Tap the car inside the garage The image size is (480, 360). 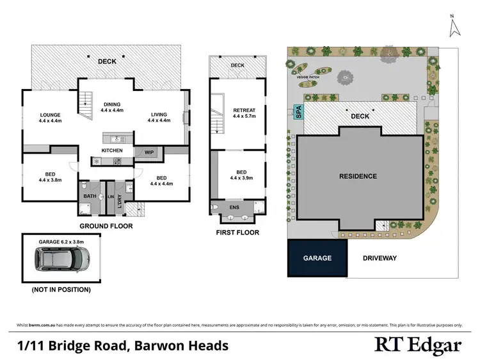point(61,259)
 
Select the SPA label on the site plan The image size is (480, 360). point(298,112)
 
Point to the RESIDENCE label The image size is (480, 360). point(358,176)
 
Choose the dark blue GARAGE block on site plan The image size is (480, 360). point(317,258)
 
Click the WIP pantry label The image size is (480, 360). point(149,152)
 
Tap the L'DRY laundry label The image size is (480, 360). point(120,201)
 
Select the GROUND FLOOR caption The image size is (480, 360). point(106,226)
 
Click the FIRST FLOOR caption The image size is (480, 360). point(237,233)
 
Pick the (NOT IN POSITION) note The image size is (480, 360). point(61,290)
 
